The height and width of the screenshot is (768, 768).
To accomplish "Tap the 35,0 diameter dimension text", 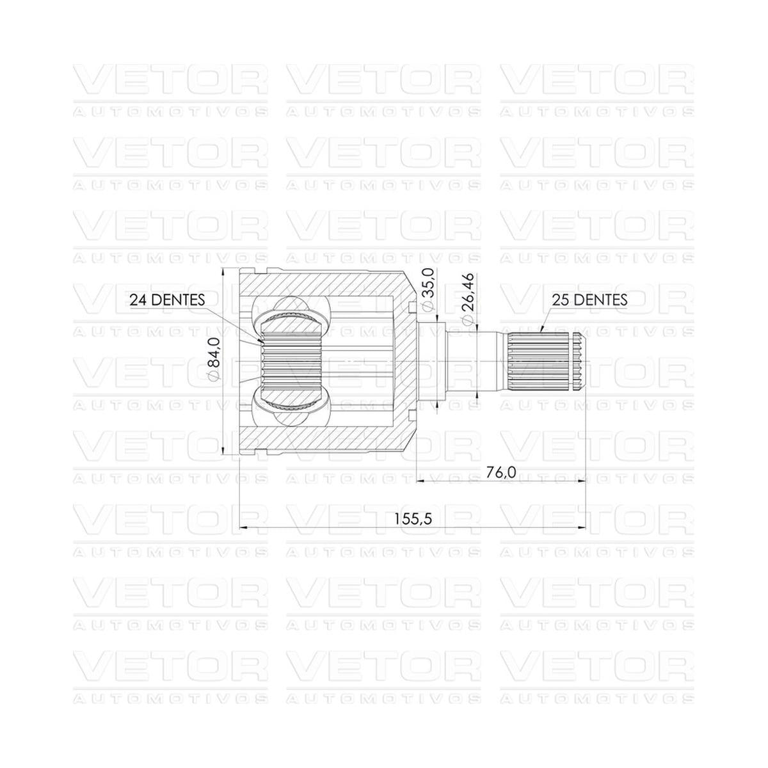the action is coord(427,284).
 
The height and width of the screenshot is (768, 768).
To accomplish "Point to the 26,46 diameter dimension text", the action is coord(467,293).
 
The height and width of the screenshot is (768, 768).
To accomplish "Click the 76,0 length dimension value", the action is coord(501,472).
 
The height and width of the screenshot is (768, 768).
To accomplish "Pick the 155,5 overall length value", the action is coord(413,519).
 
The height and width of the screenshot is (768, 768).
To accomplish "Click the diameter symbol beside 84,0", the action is coord(214,376).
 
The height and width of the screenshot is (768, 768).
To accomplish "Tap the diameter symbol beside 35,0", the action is coord(427,306).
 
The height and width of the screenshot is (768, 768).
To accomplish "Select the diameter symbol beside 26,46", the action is coord(467,321).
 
